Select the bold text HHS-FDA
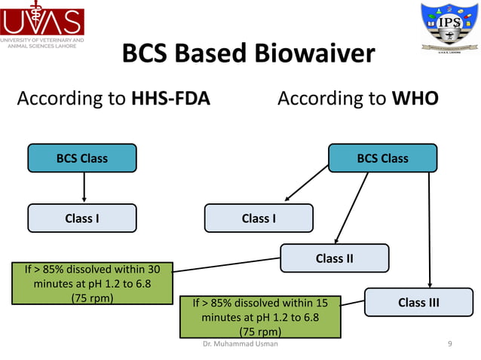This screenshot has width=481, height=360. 172,99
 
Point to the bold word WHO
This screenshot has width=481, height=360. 415,99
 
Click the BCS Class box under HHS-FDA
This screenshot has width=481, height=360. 82,158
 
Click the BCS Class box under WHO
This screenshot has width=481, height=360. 382,158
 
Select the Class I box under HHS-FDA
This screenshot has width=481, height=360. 82,218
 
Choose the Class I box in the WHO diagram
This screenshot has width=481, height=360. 259,218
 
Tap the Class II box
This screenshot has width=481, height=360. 334,258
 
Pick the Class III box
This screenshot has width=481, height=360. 418,302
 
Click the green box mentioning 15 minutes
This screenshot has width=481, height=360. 259,316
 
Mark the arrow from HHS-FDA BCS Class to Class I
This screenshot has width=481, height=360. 83,188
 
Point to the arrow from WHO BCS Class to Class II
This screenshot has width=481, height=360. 351,207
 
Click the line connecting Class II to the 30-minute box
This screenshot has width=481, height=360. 226,264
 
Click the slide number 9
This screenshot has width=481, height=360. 449,343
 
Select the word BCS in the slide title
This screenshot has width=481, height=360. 145,54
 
